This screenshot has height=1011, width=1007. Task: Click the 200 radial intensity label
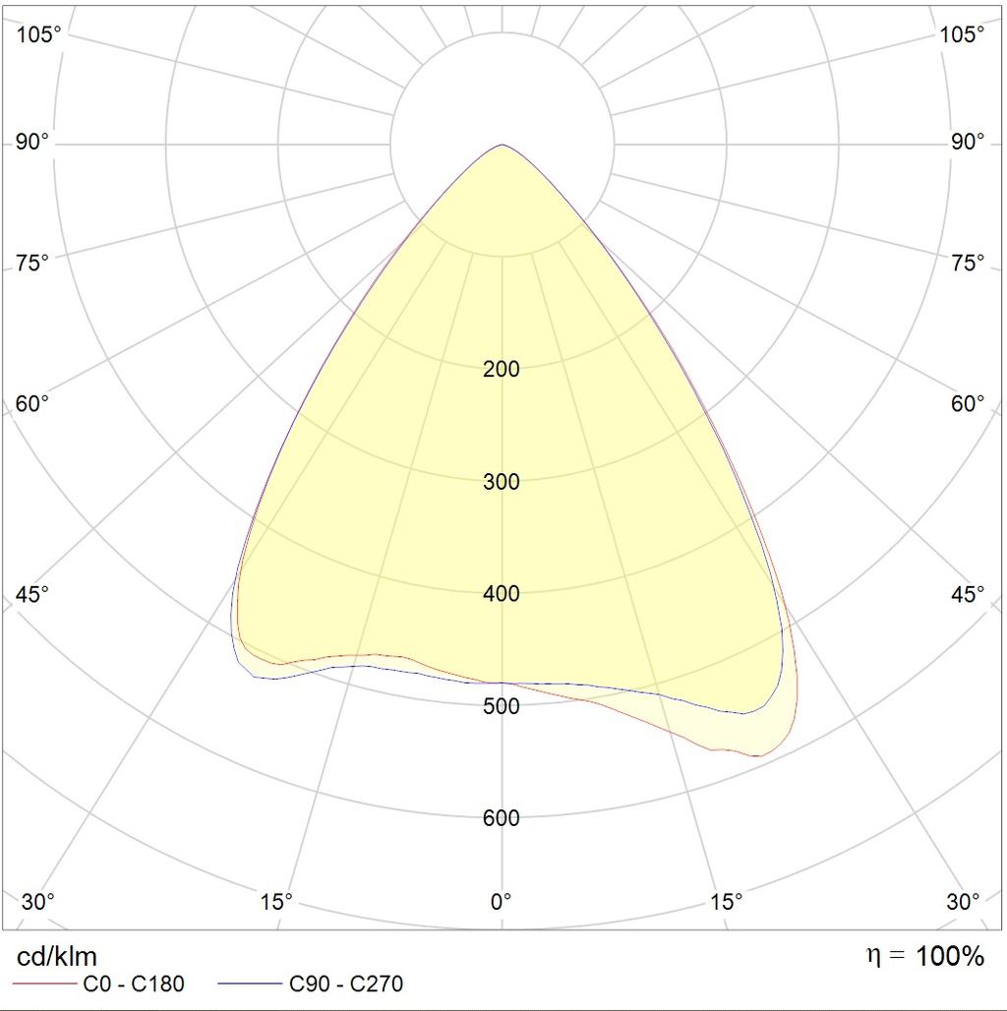click(502, 370)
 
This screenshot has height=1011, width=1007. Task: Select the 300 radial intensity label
click(502, 482)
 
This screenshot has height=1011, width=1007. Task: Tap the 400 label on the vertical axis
click(502, 594)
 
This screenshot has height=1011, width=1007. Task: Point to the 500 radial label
click(502, 706)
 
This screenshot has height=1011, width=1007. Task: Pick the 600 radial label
click(502, 818)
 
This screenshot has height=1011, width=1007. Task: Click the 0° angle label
click(502, 901)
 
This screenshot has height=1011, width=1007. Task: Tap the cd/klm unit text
click(57, 956)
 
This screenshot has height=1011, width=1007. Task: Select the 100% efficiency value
click(950, 956)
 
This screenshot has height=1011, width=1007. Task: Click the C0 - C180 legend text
click(134, 983)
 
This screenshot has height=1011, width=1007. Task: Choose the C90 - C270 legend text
click(346, 983)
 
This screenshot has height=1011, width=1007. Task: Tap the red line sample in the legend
click(45, 983)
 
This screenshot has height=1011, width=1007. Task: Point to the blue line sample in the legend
click(249, 983)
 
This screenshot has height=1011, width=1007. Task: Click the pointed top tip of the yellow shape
click(503, 146)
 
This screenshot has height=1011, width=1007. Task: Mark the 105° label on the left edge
click(39, 34)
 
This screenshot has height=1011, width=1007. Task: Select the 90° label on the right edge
click(968, 143)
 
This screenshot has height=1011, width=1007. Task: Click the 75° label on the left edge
click(32, 263)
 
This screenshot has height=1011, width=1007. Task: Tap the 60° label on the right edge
click(968, 404)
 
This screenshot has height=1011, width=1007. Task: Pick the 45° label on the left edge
click(32, 595)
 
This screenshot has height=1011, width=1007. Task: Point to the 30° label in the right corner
click(964, 901)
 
